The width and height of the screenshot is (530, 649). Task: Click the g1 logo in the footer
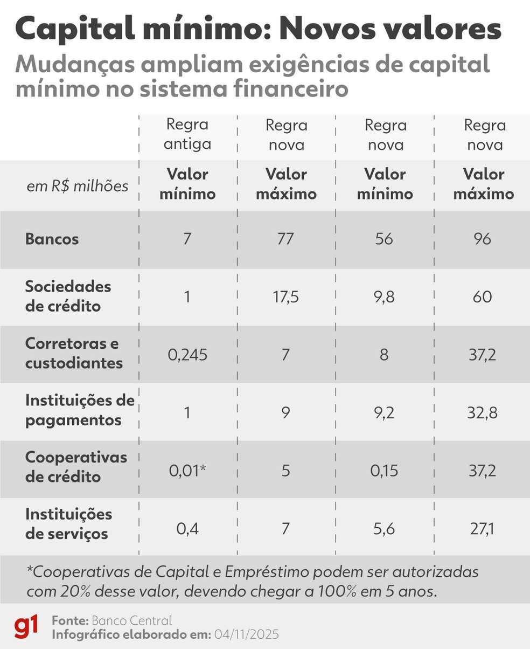pos(26,627)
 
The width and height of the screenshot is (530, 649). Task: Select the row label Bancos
pos(52,239)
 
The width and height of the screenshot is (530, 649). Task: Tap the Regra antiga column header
pos(187,135)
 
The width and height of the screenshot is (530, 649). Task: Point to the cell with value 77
pos(285,239)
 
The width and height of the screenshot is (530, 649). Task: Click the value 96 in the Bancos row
pos(483,239)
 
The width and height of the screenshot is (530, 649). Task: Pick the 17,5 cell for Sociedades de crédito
pos(285,297)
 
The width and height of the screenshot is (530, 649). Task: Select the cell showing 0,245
pos(187,355)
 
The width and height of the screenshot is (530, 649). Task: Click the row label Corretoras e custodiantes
pos(74,354)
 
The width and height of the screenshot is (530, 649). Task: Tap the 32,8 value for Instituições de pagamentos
pos(483,413)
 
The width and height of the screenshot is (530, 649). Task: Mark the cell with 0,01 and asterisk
pos(187,471)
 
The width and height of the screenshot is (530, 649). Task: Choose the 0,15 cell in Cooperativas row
pos(384,471)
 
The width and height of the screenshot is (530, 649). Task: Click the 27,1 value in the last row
pos(483,529)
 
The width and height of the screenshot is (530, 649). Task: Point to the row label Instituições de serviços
pos(68,524)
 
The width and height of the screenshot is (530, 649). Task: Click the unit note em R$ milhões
pos(78,187)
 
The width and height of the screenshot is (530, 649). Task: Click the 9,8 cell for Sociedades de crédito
pos(384,297)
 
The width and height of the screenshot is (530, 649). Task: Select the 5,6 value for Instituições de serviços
pos(384,529)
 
